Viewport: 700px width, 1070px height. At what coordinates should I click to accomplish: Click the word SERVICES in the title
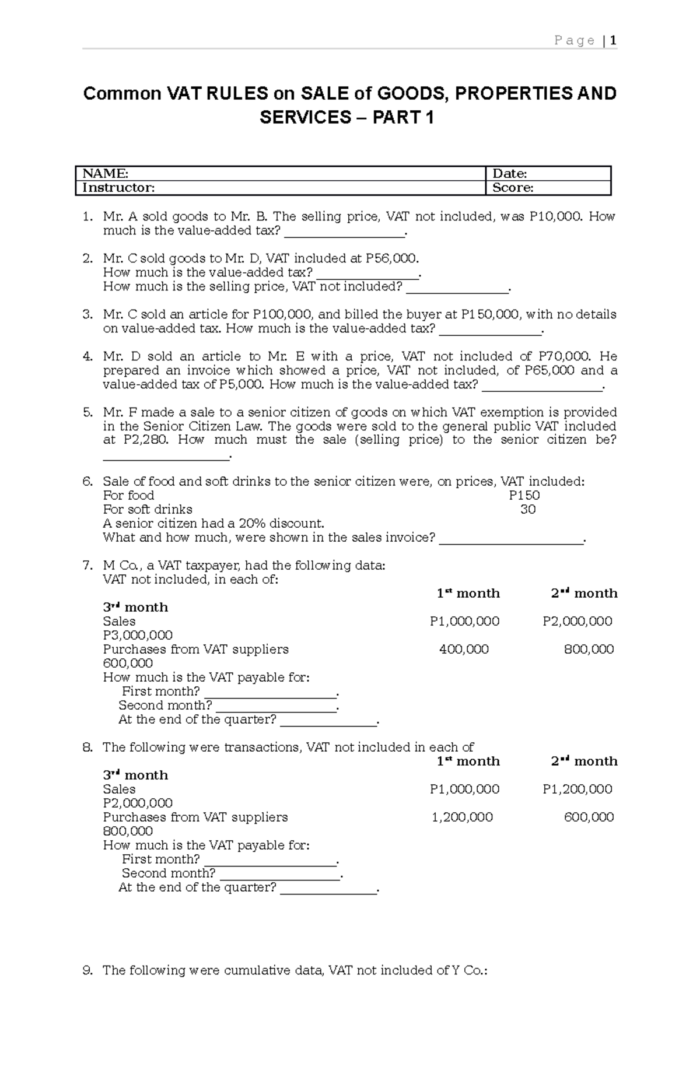[304, 118]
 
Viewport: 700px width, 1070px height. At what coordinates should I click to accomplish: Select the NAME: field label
[105, 173]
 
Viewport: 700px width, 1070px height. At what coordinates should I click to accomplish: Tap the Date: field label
[510, 173]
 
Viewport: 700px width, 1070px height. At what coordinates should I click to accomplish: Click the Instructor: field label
[118, 187]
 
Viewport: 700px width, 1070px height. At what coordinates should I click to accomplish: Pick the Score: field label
[513, 187]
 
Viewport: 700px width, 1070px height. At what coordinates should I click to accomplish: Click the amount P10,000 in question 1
[555, 216]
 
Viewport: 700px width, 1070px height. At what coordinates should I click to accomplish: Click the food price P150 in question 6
[524, 495]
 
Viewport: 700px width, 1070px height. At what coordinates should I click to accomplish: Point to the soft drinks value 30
[528, 509]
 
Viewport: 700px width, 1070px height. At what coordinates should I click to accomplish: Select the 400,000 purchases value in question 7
[464, 649]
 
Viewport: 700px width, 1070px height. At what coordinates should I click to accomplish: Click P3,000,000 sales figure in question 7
[138, 635]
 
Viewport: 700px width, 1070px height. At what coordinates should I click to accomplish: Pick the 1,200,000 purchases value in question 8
[462, 817]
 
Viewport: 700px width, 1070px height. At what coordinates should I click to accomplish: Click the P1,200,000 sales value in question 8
[577, 789]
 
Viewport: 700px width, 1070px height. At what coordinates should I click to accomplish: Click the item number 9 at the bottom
[87, 970]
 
